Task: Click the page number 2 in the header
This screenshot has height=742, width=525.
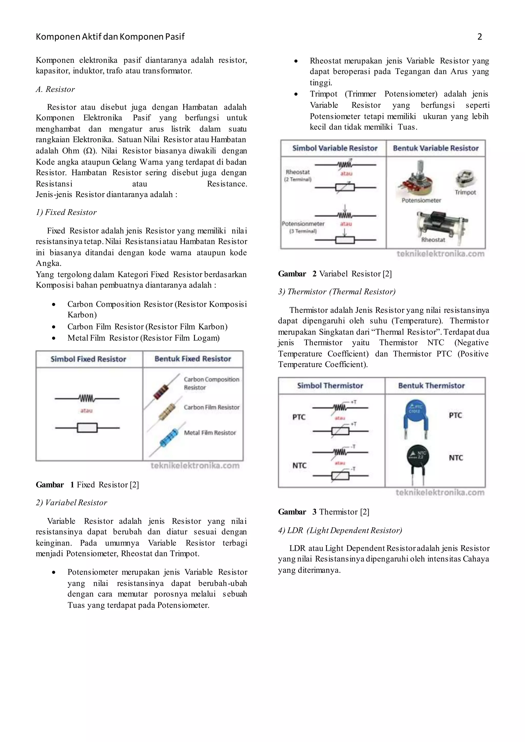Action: point(479,37)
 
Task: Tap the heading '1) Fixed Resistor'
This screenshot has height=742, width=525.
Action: point(66,212)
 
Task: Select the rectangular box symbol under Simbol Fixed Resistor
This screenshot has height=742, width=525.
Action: point(87,428)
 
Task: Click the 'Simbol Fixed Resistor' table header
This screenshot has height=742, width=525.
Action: point(88,359)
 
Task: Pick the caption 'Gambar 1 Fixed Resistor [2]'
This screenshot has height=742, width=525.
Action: point(87,485)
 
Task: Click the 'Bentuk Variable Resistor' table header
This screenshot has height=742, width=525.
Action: point(436,148)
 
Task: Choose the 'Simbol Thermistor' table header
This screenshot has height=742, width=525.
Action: point(330,386)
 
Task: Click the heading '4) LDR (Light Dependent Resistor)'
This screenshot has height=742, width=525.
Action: point(340,530)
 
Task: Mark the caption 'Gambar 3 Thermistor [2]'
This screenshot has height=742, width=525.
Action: point(324,512)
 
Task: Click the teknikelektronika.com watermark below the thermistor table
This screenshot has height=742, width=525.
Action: point(440,492)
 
